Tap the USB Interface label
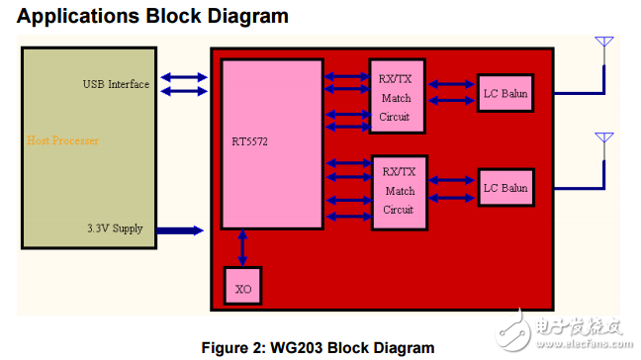point(116,84)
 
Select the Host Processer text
point(62,140)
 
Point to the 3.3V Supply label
point(114,228)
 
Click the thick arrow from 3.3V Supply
point(178,230)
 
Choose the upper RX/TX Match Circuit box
point(398,98)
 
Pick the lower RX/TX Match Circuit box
point(398,192)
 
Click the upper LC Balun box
point(504,95)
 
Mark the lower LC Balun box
point(504,188)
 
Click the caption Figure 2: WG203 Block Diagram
point(318,347)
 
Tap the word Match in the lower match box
point(400,191)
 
